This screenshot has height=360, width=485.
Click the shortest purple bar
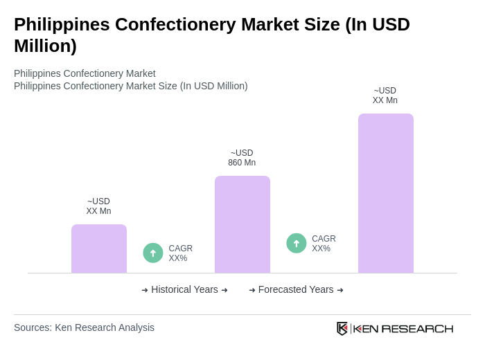(x=99, y=249)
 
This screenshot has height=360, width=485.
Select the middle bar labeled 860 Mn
(x=242, y=224)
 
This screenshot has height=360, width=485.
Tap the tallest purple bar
(x=386, y=193)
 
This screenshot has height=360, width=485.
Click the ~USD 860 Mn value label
(x=242, y=158)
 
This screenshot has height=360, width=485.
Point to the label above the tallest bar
(x=385, y=96)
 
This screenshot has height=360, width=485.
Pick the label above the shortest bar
(x=98, y=206)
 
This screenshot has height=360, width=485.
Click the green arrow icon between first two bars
(x=153, y=253)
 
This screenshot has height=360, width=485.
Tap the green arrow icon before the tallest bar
(x=297, y=243)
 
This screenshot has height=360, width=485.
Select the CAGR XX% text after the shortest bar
(x=180, y=253)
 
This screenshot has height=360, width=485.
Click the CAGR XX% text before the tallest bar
(x=324, y=244)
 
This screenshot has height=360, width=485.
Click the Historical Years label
(x=184, y=289)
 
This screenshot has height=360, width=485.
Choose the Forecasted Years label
(x=296, y=289)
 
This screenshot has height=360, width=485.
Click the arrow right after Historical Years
(x=224, y=290)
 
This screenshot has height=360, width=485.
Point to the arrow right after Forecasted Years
(x=340, y=290)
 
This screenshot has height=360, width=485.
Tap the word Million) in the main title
(x=45, y=46)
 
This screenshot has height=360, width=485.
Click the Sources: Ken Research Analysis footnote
(x=84, y=327)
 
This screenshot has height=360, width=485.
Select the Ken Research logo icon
(x=342, y=328)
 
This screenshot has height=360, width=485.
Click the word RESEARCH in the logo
(x=417, y=328)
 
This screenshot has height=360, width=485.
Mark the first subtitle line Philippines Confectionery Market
(x=85, y=73)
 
